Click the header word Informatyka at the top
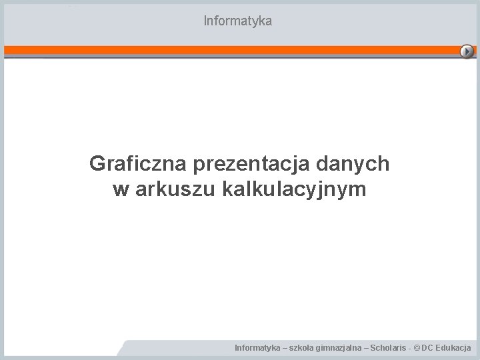coord(238,21)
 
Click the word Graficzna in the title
coord(138,163)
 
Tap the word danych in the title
coord(361,163)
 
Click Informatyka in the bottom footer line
coord(257,348)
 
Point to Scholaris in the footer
coord(386,348)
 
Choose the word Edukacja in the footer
coord(455,348)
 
